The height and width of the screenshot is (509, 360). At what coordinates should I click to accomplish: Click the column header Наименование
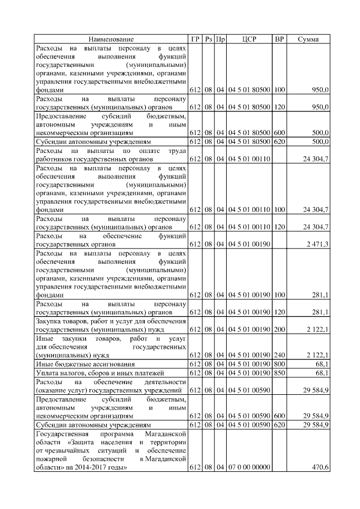pos(111,39)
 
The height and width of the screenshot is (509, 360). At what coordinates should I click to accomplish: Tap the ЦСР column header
pos(249,39)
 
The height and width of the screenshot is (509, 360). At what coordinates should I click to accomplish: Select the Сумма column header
pos(308,39)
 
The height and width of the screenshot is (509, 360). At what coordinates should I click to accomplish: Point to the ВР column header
pos(279,39)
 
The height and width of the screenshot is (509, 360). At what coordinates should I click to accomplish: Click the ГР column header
pos(195,39)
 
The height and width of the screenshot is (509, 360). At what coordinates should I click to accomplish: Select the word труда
pos(175,151)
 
